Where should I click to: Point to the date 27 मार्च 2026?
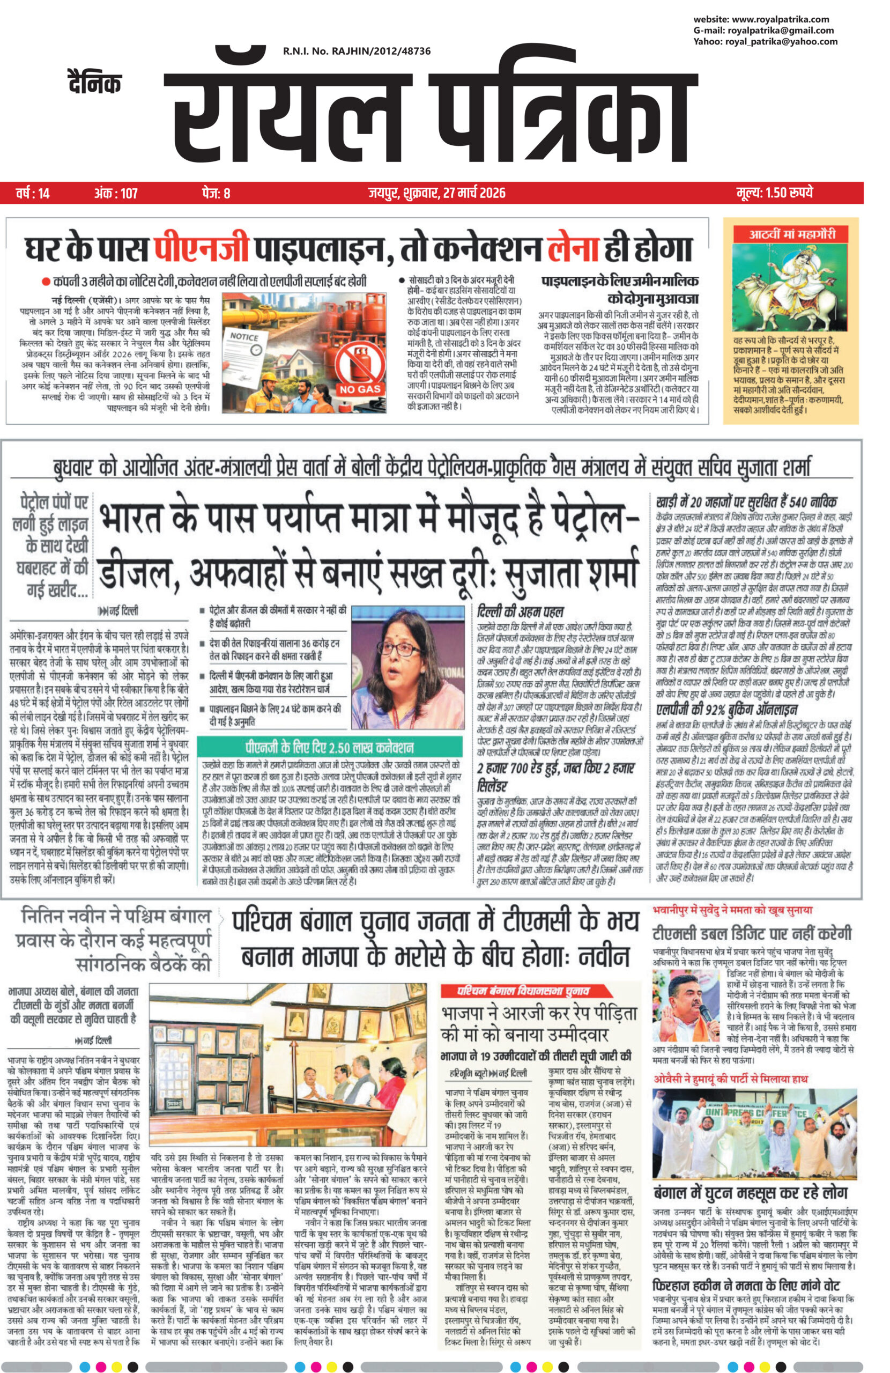[x=474, y=193]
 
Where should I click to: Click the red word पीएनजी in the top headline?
[x=201, y=249]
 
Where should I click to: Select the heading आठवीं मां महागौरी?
[x=791, y=234]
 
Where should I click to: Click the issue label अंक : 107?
[x=116, y=193]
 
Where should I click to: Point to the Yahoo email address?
[x=765, y=41]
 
